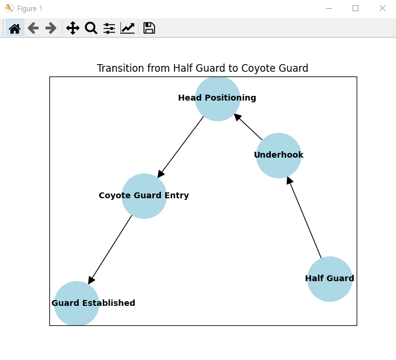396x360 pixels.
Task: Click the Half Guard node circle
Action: point(330,279)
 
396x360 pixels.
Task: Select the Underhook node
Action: point(278,155)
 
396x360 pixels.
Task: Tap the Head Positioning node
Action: point(217,98)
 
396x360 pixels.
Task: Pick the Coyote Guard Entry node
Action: point(144,196)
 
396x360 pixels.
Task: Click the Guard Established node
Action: point(76,304)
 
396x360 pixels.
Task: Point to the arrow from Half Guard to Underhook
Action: point(304,217)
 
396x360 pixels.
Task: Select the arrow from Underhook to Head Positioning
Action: point(249,127)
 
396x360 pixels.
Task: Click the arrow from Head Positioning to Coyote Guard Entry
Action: point(181,146)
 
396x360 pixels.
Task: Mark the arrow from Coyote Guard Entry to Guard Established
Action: point(110,249)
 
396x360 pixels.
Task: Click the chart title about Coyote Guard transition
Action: point(202,68)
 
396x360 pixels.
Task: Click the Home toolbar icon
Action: point(15,28)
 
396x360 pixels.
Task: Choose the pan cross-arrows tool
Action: point(73,28)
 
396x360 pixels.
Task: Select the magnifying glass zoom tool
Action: point(91,28)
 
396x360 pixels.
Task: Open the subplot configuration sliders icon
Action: point(109,28)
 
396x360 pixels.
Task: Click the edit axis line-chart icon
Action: point(127,28)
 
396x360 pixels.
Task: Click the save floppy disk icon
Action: point(149,28)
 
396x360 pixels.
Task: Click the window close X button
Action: point(382,8)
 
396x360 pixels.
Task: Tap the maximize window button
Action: point(355,8)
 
